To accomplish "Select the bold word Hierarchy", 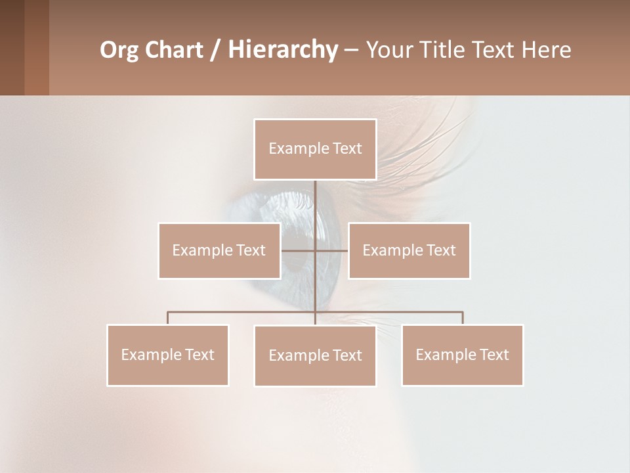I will (x=282, y=50).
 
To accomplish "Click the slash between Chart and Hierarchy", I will (x=216, y=50).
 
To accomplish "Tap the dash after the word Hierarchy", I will (x=350, y=50).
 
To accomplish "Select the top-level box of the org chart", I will (x=315, y=149).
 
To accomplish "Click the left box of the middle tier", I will (x=219, y=250).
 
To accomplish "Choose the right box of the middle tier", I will (x=409, y=250).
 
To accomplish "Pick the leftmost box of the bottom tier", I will (x=167, y=355).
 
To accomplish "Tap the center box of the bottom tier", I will (x=315, y=355).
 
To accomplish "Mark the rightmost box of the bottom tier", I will (x=462, y=355).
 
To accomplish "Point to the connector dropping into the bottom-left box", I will (x=168, y=318).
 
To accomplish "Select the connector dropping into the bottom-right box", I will (x=463, y=318).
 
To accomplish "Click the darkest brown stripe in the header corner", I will (x=12, y=47).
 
